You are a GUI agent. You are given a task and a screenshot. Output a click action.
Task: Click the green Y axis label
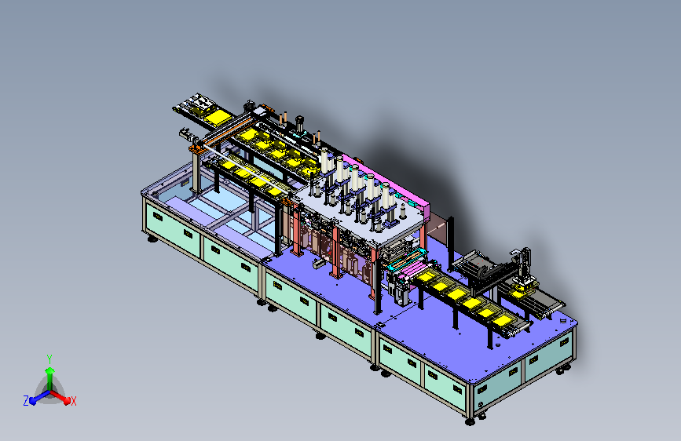[x=49, y=359]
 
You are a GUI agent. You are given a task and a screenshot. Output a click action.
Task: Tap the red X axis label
[x=73, y=401]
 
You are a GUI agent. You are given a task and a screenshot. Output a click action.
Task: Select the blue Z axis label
[x=26, y=401]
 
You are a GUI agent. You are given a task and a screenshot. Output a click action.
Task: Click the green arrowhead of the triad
[x=50, y=370]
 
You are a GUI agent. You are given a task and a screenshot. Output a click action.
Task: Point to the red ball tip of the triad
[x=67, y=401]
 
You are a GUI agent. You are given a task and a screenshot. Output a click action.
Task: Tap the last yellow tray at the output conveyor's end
[x=503, y=321]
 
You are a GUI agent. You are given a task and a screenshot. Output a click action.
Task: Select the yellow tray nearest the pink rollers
[x=426, y=276]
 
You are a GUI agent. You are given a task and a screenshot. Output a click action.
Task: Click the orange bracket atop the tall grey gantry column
[x=196, y=149]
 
